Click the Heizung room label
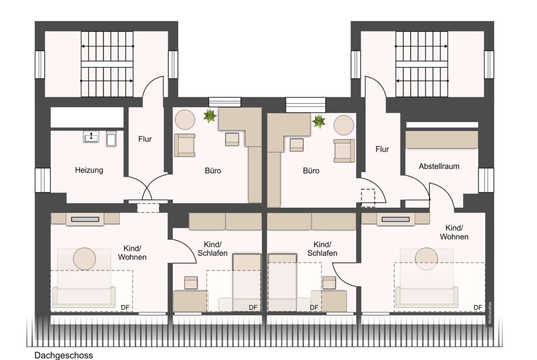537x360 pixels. click(x=89, y=170)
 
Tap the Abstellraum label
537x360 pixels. click(x=439, y=166)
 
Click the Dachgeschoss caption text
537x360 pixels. click(x=64, y=355)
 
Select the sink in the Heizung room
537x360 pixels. click(x=91, y=137)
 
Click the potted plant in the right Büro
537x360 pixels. click(x=319, y=121)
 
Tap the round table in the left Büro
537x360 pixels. click(x=185, y=119)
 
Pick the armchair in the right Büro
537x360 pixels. click(x=344, y=150)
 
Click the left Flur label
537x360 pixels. click(x=145, y=139)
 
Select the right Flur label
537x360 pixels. click(x=382, y=149)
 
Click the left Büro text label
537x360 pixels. click(x=213, y=171)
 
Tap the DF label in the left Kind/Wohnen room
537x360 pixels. click(x=125, y=308)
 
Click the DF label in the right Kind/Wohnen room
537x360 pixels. click(x=478, y=308)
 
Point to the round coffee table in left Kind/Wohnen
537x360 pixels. click(x=84, y=259)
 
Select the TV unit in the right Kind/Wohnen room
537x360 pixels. click(x=396, y=219)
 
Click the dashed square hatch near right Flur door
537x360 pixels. click(x=368, y=198)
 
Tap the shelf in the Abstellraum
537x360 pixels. click(x=442, y=139)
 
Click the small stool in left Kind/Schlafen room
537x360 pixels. click(x=191, y=282)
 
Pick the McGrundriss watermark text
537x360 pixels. click(x=490, y=313)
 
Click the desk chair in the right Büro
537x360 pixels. click(x=296, y=145)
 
